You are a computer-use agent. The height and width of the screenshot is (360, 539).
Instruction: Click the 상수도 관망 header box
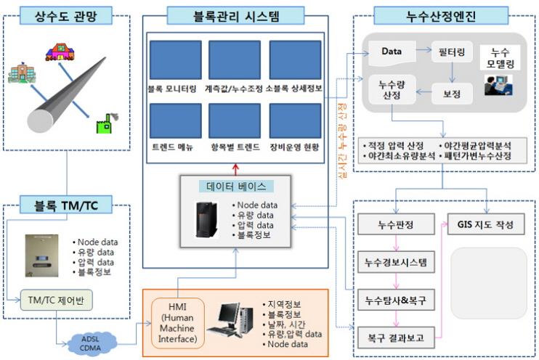coord(66,16)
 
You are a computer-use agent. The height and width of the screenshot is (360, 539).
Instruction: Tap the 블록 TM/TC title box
coord(66,205)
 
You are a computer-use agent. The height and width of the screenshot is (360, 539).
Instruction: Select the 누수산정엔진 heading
coord(441,16)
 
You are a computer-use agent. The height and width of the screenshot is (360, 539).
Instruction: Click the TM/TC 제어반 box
coord(57,300)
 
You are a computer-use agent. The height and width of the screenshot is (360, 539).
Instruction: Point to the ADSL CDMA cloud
coord(91,343)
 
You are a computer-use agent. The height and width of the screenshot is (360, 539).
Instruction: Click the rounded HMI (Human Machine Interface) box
coord(178,323)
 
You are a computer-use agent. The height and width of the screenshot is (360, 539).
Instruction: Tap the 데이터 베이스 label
coord(236,187)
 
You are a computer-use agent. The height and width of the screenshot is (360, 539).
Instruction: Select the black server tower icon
coord(206,220)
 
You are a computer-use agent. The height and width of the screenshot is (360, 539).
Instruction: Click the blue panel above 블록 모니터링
coord(176,60)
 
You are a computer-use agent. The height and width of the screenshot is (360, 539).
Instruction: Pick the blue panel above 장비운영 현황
coord(295,121)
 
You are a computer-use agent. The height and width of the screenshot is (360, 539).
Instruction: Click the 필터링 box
coord(452,52)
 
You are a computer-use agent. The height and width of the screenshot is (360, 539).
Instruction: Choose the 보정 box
coord(452,94)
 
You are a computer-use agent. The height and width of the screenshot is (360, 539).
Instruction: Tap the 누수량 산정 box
coord(392,90)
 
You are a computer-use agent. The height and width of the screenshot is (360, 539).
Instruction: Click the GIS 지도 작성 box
coord(486,224)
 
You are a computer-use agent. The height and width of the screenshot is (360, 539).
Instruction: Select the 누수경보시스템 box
coord(396,263)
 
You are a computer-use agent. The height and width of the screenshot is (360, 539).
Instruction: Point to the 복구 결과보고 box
coord(396,338)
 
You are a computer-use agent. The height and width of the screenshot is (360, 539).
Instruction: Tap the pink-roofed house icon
coord(60,52)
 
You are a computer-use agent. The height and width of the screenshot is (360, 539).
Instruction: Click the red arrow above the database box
coord(235,170)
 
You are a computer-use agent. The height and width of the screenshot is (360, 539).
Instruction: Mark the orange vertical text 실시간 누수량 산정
coord(342,141)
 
